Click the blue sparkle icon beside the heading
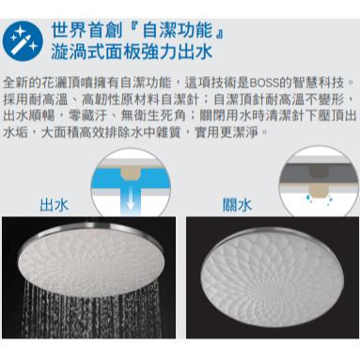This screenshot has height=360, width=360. [x=23, y=41]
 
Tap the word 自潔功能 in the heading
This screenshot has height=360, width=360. [x=178, y=31]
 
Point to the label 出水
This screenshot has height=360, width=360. [x=55, y=205]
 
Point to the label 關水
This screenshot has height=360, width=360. [x=237, y=205]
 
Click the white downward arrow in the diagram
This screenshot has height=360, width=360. [x=131, y=199]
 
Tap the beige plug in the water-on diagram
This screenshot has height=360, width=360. [x=131, y=172]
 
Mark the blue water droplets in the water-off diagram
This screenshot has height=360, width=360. [x=319, y=200]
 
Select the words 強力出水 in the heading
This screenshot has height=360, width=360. [x=172, y=52]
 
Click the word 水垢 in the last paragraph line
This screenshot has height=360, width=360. [x=15, y=133]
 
